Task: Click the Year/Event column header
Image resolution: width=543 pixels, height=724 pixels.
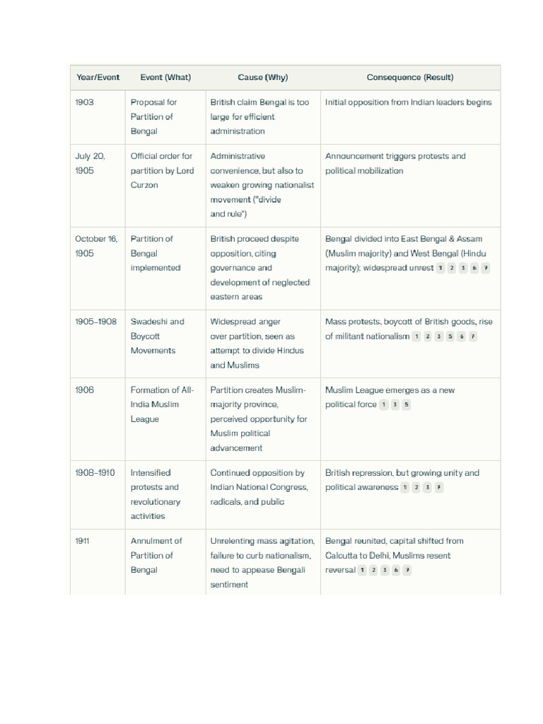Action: coord(97,78)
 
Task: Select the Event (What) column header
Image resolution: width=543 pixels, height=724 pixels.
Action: coord(165,78)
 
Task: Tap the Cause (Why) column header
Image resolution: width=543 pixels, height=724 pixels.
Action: coord(263,78)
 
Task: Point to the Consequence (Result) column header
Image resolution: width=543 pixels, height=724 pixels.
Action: coord(410,78)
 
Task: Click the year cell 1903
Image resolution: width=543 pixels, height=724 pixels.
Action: coord(84,103)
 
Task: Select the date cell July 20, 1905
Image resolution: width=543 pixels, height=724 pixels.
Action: coord(90,163)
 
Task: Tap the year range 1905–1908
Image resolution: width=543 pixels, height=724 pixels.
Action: coord(95,322)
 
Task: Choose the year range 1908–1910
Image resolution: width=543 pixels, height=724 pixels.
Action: coord(95,473)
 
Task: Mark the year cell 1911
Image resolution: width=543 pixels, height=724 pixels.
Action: coord(82,542)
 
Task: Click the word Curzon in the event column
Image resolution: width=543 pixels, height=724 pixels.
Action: coord(144,185)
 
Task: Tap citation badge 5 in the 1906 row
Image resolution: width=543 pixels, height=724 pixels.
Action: coord(406,405)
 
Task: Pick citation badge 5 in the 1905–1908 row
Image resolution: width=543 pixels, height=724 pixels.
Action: coord(450,337)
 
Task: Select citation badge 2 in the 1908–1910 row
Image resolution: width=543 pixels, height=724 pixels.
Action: coord(416,488)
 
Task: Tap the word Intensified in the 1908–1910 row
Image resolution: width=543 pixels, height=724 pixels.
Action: coord(151,473)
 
